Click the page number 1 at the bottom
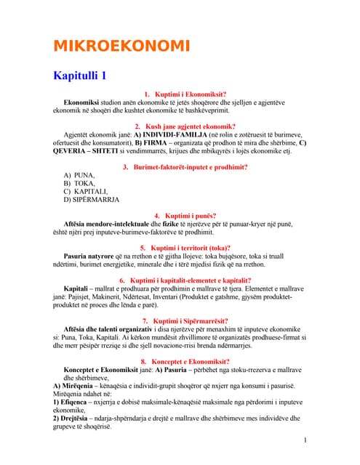tap(305, 440)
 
